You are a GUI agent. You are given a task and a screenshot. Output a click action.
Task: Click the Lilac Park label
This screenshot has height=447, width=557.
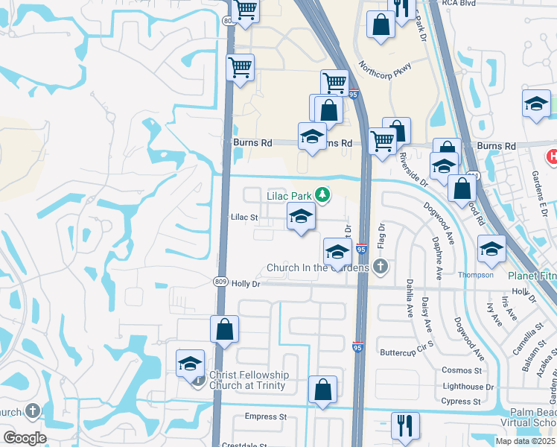[x=289, y=196]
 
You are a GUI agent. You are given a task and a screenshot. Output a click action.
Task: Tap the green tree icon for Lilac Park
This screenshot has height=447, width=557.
[x=322, y=195]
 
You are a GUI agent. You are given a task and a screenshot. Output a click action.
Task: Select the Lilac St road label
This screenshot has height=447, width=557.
[x=244, y=218]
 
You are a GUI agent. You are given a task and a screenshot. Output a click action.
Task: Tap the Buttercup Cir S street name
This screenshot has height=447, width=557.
[x=406, y=352]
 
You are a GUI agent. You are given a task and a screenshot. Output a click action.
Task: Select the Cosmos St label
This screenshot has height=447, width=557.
[x=462, y=370]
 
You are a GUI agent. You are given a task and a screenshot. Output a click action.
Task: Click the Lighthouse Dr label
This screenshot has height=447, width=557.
[x=468, y=386]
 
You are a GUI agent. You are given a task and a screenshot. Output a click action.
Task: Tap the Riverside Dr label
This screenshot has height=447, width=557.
[x=413, y=168]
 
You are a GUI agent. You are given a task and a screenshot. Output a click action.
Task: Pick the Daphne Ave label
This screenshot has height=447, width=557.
[x=437, y=258]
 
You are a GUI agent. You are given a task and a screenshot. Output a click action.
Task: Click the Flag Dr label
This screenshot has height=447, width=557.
[x=381, y=236]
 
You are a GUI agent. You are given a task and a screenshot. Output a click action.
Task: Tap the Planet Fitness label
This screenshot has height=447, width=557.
[x=533, y=275]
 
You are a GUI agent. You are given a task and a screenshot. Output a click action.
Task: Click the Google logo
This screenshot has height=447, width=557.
[x=25, y=438]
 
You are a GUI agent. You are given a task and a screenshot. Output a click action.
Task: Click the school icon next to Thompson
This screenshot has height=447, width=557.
[x=491, y=251]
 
